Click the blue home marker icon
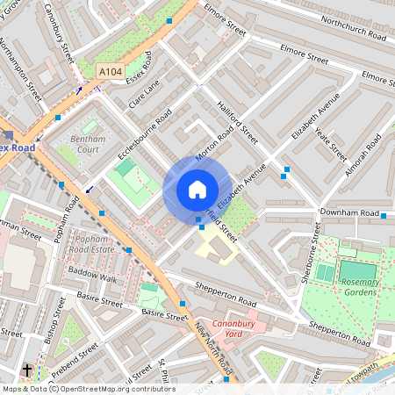[197, 189]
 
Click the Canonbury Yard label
[222, 327]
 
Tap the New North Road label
[211, 347]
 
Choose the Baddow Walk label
[94, 278]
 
